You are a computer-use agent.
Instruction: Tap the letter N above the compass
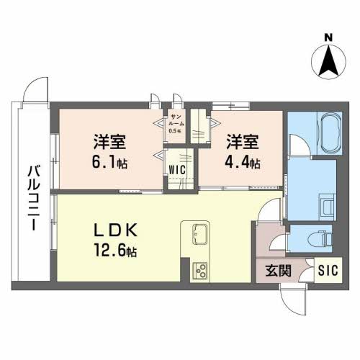tap(328, 37)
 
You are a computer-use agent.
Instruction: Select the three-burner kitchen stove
tap(199, 271)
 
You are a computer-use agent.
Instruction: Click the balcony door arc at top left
tap(35, 92)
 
